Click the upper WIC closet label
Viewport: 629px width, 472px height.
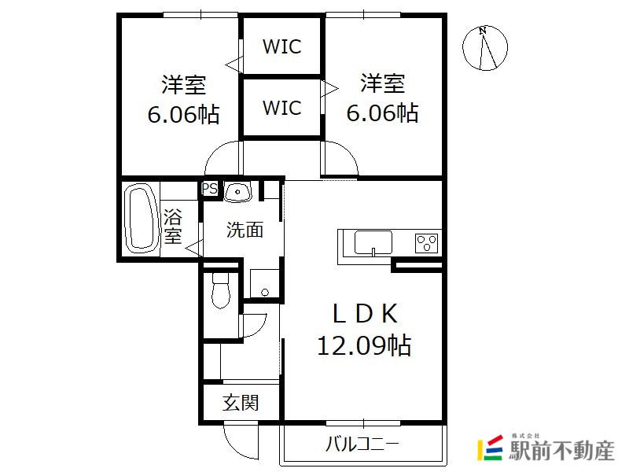pos(281,46)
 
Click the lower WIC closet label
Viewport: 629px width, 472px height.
pos(281,108)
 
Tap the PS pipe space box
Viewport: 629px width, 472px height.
pos(209,188)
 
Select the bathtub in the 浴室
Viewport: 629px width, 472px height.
pos(141,219)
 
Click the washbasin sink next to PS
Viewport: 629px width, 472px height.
pos(237,192)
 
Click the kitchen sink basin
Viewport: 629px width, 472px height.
pos(373,242)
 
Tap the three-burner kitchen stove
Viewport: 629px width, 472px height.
pos(426,242)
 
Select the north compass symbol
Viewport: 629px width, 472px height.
pos(485,48)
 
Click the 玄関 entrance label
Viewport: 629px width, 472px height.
pos(241,403)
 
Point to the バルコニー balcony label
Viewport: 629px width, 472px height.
pos(362,444)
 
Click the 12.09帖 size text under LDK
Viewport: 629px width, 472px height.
pos(364,345)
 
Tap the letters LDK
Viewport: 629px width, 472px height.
pos(365,314)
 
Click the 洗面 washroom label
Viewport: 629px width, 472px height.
pos(245,230)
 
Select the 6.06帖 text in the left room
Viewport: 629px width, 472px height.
pos(184,114)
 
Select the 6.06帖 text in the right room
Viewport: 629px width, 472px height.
pos(382,112)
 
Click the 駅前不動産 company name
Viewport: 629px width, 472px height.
pos(561,450)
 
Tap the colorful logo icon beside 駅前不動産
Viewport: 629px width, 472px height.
pos(490,448)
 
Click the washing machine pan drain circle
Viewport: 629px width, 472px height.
pos(265,292)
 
